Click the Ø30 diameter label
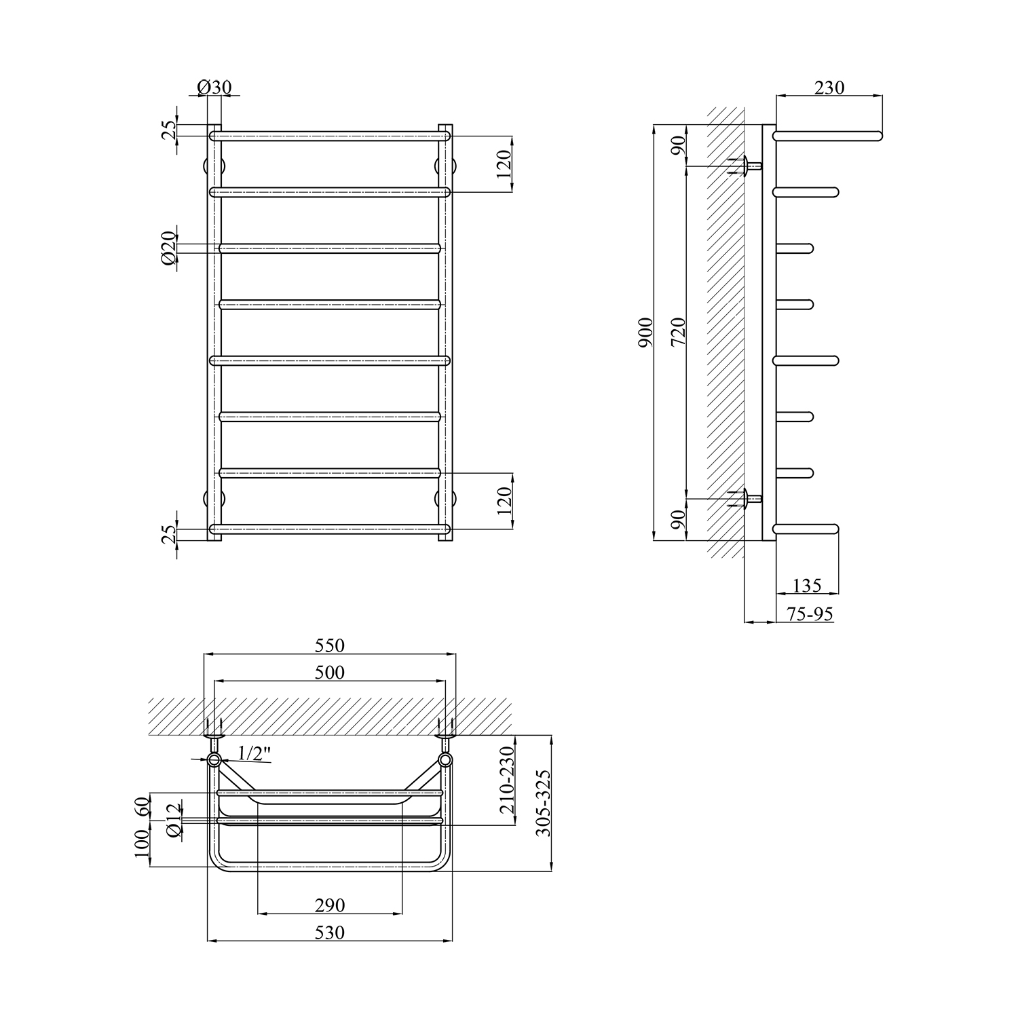[x=214, y=87]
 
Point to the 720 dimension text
[x=679, y=333]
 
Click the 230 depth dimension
[x=829, y=87]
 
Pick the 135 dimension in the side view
[x=807, y=584]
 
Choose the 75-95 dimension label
[x=810, y=614]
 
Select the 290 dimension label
[x=330, y=905]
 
